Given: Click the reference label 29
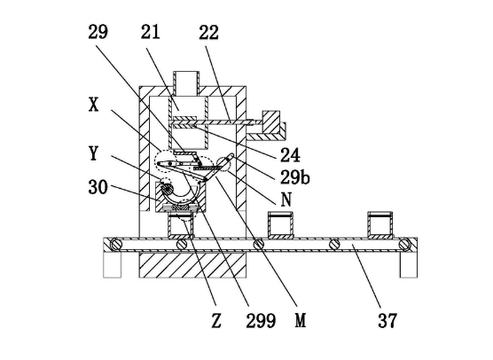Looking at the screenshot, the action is [98, 32].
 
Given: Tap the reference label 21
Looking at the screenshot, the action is [150, 32].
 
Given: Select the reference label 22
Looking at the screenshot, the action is [208, 33].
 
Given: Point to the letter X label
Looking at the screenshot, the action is [93, 105].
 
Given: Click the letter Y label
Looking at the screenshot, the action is [93, 153].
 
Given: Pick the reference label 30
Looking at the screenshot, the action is [98, 187].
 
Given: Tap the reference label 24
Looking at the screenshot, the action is [290, 155].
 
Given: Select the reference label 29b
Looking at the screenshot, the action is [295, 177].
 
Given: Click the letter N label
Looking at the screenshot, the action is [286, 200].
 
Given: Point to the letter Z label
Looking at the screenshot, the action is [216, 321].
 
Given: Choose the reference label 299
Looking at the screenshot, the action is [261, 321].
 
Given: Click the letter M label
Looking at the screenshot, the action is [301, 321].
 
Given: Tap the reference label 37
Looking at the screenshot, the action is [387, 321].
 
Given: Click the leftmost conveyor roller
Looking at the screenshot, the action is [116, 245].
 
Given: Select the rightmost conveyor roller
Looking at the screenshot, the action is [405, 245].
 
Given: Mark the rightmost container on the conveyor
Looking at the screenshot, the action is [380, 225].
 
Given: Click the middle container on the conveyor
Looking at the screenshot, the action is [280, 225].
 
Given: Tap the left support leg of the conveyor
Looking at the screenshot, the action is [113, 265].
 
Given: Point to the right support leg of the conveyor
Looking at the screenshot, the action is [409, 265].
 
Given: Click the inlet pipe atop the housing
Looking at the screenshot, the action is [186, 83].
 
